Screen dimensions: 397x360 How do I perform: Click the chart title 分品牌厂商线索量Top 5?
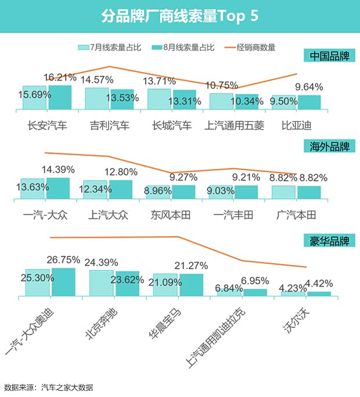click(179, 15)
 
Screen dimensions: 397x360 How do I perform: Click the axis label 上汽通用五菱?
click(234, 124)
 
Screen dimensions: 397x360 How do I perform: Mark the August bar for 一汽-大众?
click(57, 189)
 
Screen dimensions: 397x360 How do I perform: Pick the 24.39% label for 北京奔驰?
click(102, 262)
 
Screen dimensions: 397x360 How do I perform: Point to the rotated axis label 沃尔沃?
click(298, 320)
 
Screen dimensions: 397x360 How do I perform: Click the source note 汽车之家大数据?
click(67, 387)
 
